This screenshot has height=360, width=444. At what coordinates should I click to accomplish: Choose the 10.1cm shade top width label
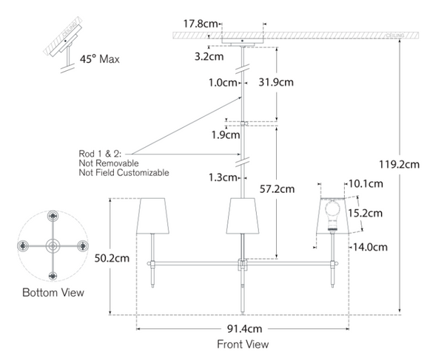pos(366,183)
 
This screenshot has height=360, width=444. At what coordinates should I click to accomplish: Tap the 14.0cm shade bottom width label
pos(369,248)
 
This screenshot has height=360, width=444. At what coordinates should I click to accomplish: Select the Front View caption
pos(243,344)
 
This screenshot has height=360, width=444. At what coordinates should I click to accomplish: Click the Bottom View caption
pos(53,293)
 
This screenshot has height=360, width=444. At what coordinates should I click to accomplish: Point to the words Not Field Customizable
pos(124,172)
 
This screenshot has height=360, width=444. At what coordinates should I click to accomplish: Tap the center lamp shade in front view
pos(242,214)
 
